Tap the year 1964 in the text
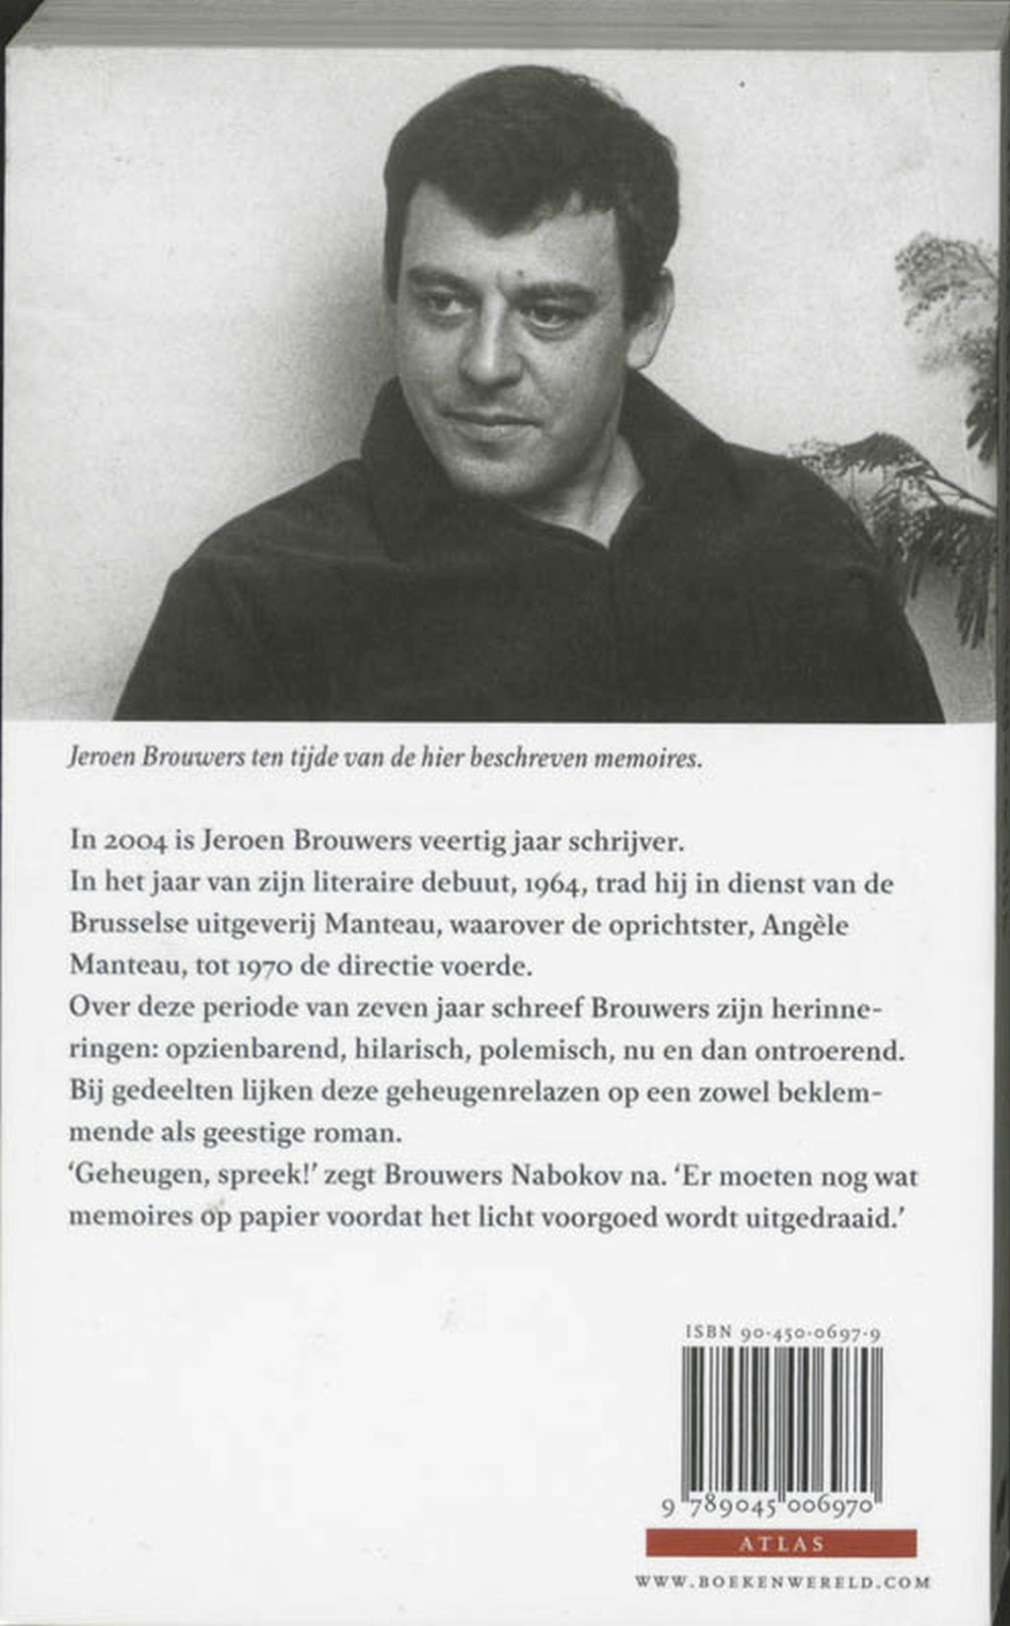tap(556, 884)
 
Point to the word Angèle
tap(803, 925)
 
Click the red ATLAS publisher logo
tap(780, 1543)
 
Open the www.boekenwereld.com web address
tap(782, 1583)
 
